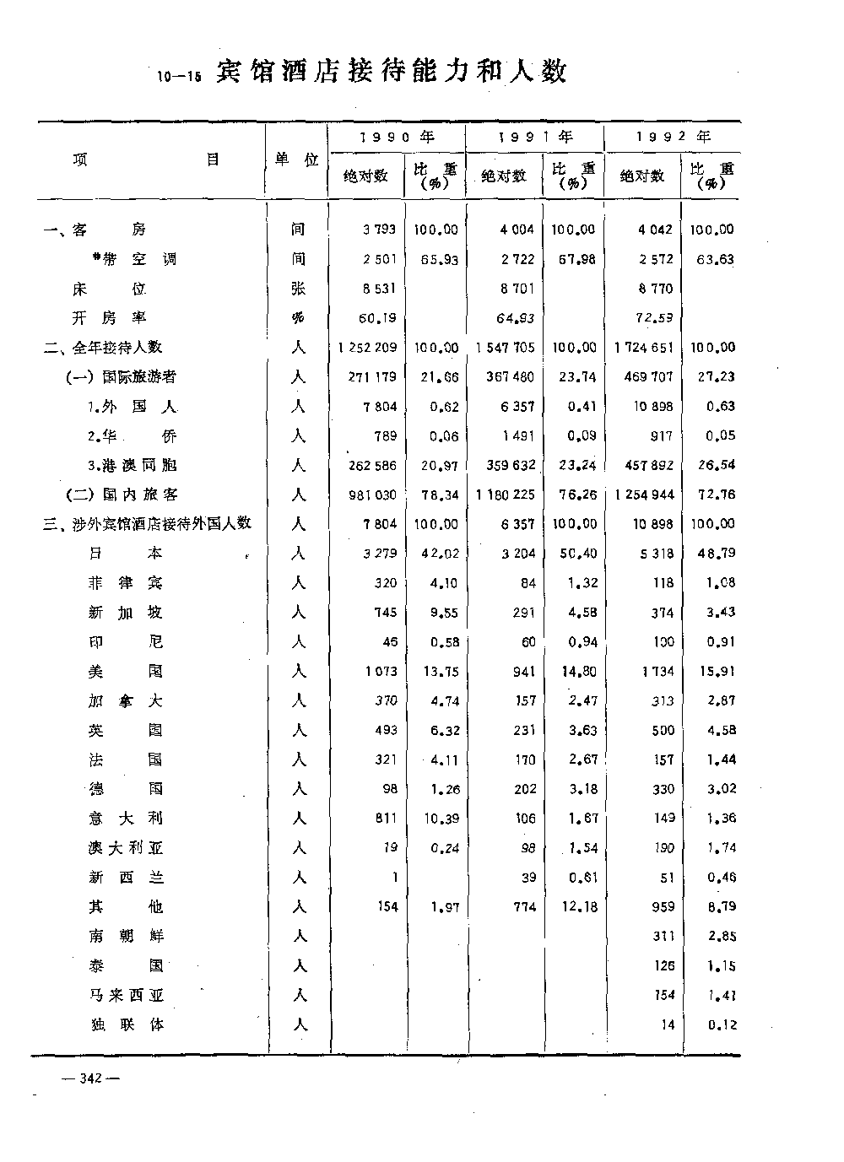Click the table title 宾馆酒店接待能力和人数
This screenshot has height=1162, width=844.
[x=391, y=73]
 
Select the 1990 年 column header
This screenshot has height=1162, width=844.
[x=396, y=137]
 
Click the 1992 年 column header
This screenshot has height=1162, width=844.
[x=673, y=137]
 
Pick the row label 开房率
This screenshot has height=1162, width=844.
[x=109, y=318]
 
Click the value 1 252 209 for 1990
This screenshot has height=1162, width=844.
[x=367, y=348]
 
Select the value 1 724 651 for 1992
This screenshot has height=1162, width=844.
[x=645, y=348]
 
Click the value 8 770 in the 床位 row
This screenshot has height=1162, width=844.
[x=656, y=289]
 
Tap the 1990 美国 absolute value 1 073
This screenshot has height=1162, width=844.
[x=381, y=672]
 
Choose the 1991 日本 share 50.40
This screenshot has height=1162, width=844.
[x=578, y=554]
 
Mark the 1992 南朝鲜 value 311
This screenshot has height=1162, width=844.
[x=663, y=936]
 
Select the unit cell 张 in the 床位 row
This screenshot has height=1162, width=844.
[x=298, y=289]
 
